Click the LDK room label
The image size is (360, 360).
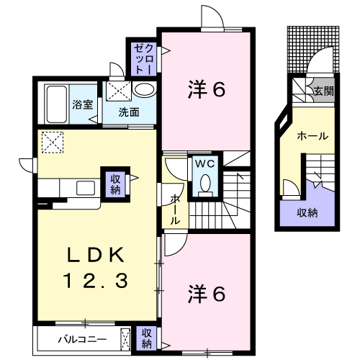pyautogui.click(x=96, y=255)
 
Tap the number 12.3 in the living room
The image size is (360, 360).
pyautogui.click(x=95, y=281)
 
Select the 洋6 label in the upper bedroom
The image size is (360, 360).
pyautogui.click(x=207, y=89)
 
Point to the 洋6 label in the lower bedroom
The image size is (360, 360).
pyautogui.click(x=207, y=294)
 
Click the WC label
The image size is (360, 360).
pyautogui.click(x=204, y=164)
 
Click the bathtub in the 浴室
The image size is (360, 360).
pyautogui.click(x=57, y=104)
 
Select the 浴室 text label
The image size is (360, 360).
pyautogui.click(x=83, y=104)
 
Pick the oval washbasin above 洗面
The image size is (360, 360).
pyautogui.click(x=145, y=90)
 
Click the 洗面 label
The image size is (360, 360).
pyautogui.click(x=129, y=112)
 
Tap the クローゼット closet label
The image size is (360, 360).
pyautogui.click(x=143, y=59)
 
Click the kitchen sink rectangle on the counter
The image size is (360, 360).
pyautogui.click(x=86, y=188)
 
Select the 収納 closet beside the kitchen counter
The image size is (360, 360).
pyautogui.click(x=115, y=184)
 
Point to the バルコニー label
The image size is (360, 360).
pyautogui.click(x=82, y=340)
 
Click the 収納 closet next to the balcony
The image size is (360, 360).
pyautogui.click(x=146, y=338)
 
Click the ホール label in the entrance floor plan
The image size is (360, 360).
pyautogui.click(x=312, y=136)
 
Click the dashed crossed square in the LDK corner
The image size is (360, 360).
pyautogui.click(x=53, y=143)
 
